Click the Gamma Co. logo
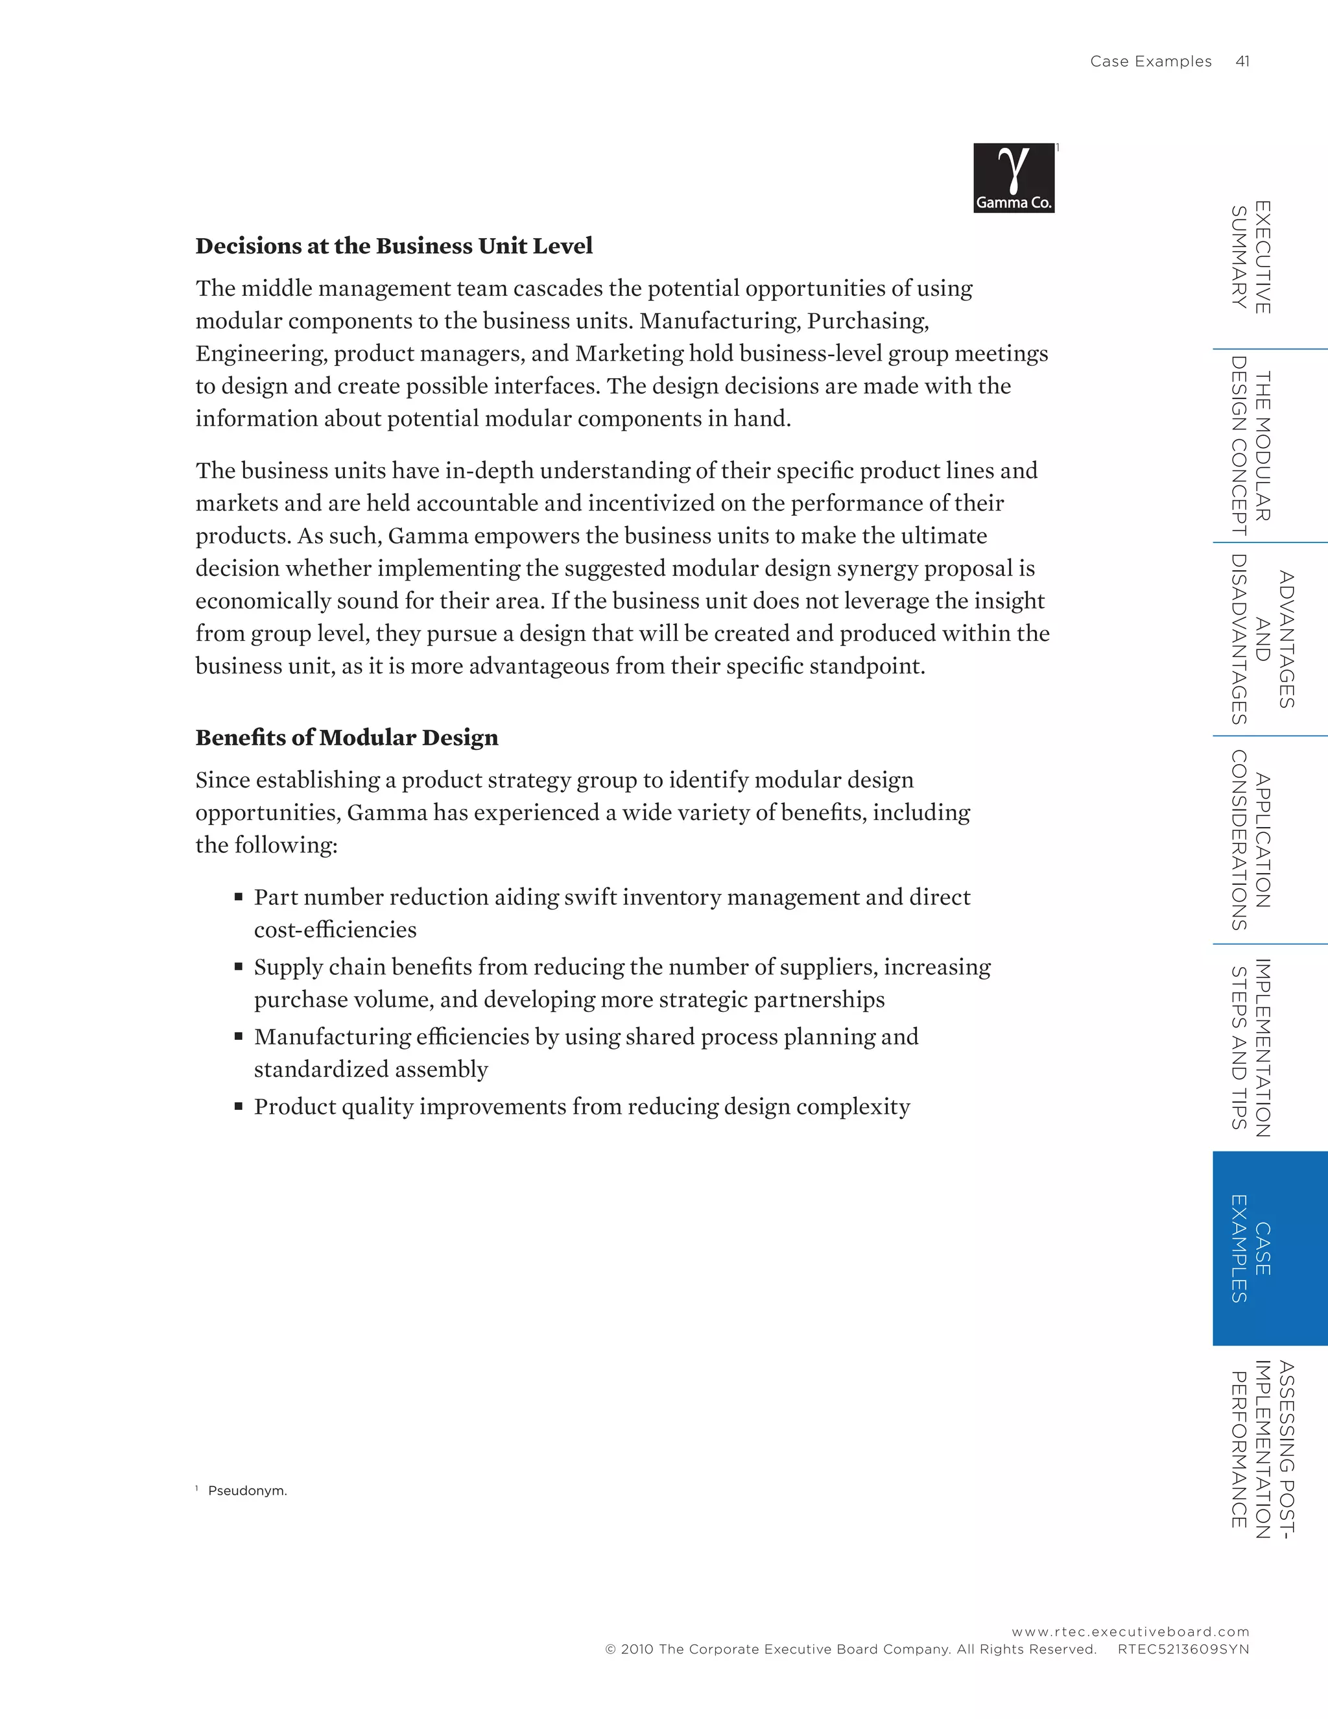tap(1014, 178)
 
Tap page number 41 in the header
tap(1242, 62)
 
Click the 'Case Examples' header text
tap(1150, 62)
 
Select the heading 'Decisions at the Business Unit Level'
tap(394, 246)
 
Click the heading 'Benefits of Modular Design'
tap(346, 738)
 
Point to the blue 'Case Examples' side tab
tap(1269, 1247)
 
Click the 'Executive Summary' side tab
tap(1251, 258)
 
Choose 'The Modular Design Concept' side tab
tap(1251, 446)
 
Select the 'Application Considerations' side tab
tap(1251, 840)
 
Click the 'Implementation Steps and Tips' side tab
tap(1251, 1047)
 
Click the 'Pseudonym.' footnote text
tap(247, 1491)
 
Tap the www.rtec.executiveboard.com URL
tap(1130, 1631)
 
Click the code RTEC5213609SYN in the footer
tap(1183, 1649)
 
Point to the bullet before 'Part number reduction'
tap(239, 896)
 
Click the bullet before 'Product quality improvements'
tap(239, 1106)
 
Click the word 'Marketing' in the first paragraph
tap(630, 354)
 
